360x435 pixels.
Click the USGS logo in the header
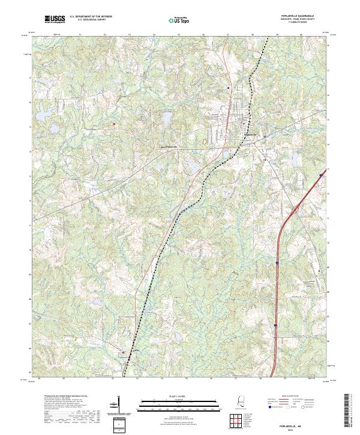[55, 19]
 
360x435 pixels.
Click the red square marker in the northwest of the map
[114, 124]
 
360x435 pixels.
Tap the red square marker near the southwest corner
[124, 353]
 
